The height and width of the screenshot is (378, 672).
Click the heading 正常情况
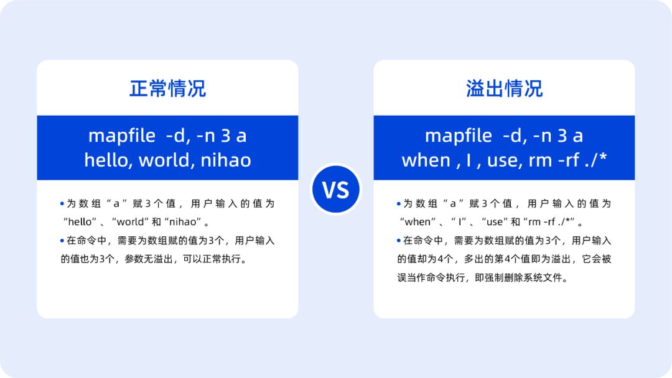coord(167,88)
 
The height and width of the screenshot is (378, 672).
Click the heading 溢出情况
coord(504,88)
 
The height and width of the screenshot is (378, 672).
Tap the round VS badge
coord(336,189)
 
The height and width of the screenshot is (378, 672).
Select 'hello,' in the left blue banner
coord(109,160)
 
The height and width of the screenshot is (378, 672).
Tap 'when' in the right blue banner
coord(426,160)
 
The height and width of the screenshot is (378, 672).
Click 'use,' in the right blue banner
coord(503,160)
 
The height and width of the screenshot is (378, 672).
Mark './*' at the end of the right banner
coord(594,160)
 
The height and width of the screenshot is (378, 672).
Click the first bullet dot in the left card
coord(62,203)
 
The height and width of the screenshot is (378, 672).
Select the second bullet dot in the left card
coord(62,241)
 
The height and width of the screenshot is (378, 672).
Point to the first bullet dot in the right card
coord(399,203)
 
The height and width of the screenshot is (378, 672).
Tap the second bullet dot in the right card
coord(399,241)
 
